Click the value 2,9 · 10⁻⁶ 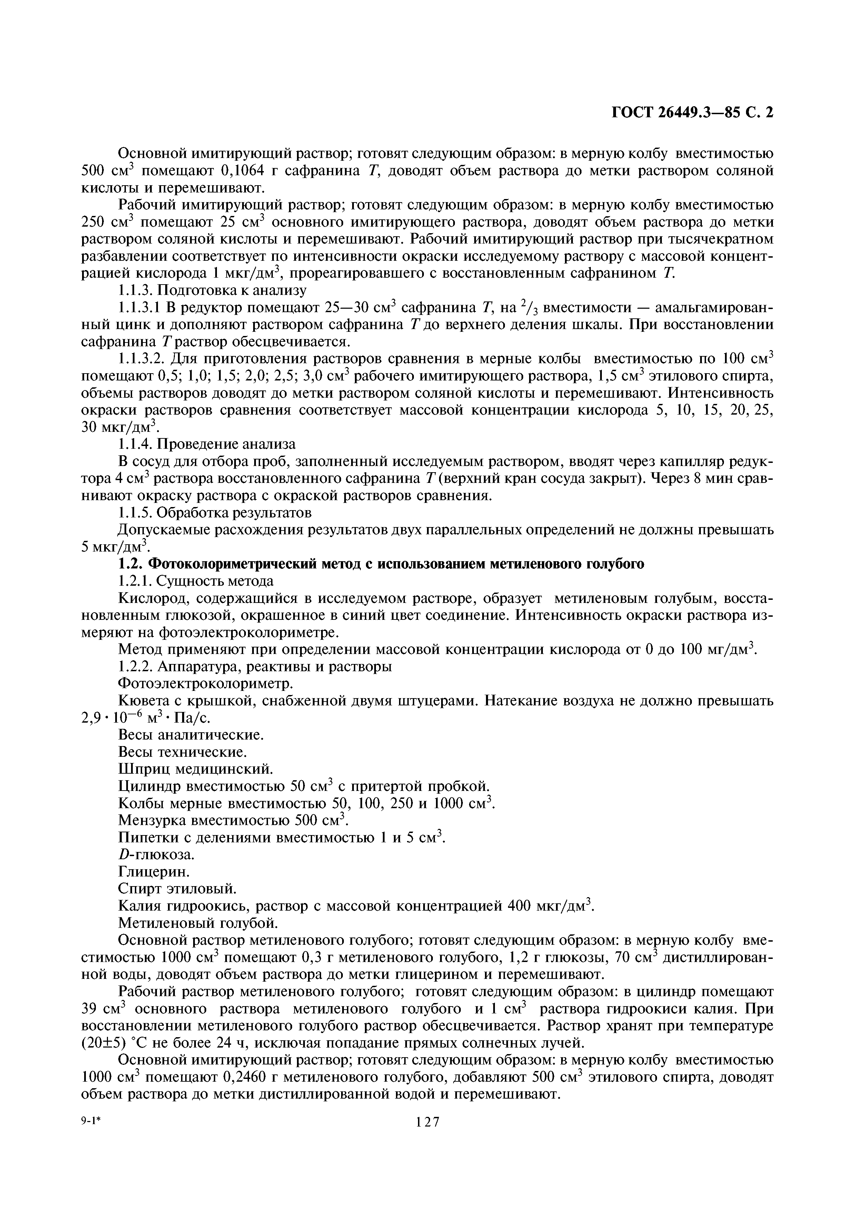click(x=111, y=718)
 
